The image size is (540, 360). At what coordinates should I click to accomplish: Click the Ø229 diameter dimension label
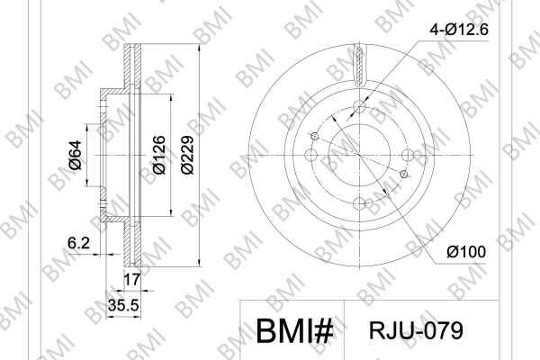coord(188,155)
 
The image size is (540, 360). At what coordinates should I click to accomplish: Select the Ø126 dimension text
coord(159,155)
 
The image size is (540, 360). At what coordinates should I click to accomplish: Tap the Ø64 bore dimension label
coord(76,155)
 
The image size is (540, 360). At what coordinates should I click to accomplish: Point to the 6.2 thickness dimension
coord(78,243)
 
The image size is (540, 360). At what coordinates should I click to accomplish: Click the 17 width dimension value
coord(132,279)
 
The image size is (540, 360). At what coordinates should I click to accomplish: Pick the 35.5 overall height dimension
coord(123,305)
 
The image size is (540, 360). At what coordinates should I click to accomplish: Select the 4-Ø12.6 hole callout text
coord(459,30)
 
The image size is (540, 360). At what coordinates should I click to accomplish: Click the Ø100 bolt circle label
coord(466,252)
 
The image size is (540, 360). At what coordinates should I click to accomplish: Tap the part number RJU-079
coord(416,330)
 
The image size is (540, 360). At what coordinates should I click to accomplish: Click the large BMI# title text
coord(295,330)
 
